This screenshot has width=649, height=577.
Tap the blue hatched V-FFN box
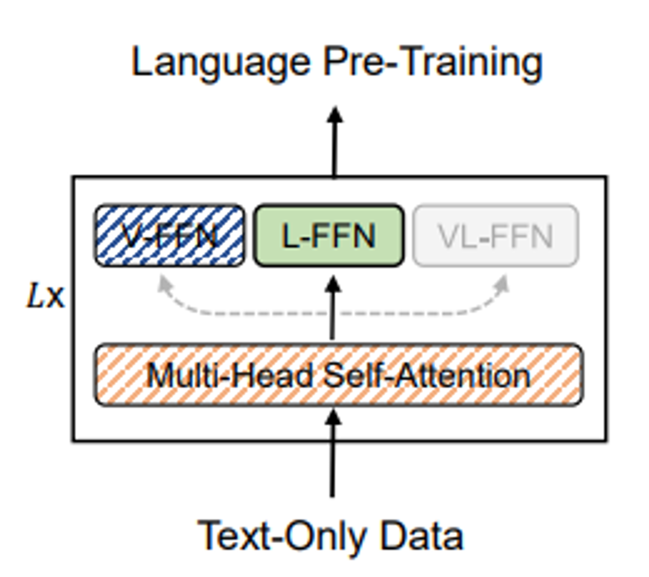[169, 236]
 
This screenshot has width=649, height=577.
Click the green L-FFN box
[328, 236]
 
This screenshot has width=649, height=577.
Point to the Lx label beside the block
[45, 296]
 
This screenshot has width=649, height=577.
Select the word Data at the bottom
[422, 535]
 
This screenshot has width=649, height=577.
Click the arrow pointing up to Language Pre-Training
[335, 144]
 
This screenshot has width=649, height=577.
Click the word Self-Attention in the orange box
[427, 375]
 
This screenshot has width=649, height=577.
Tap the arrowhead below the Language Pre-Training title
[335, 115]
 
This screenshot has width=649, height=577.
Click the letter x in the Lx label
[56, 297]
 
